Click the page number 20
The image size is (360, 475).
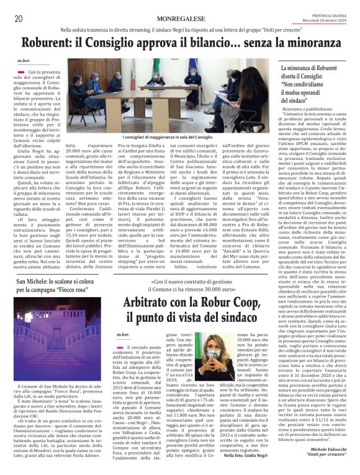(18, 18)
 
